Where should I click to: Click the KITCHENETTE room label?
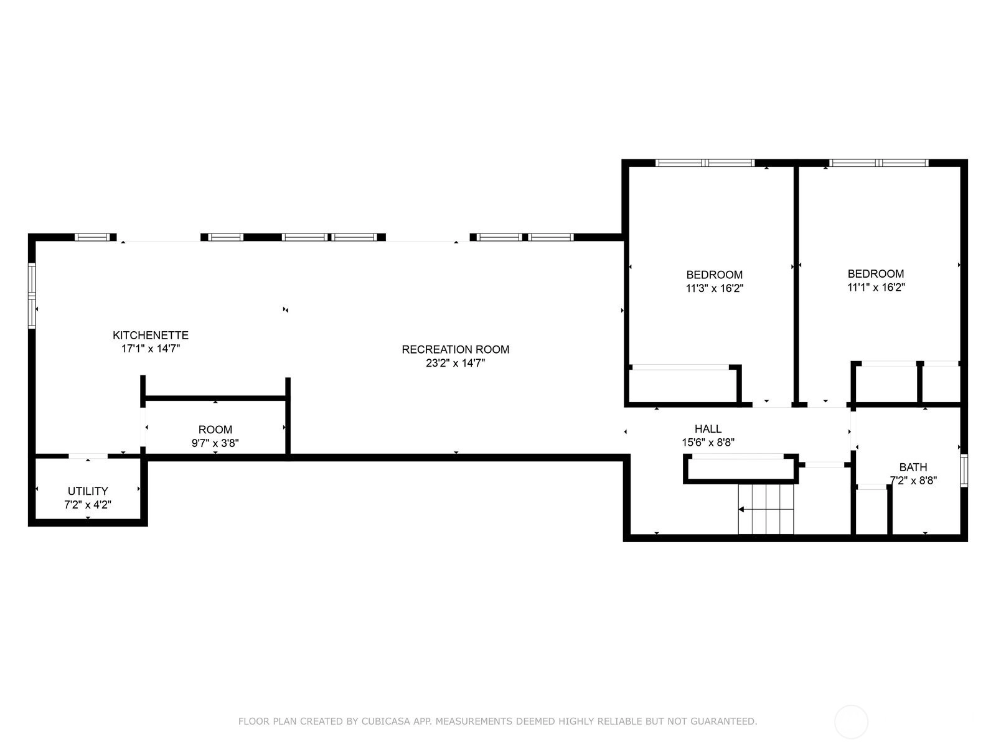point(151,335)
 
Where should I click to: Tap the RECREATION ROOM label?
point(456,349)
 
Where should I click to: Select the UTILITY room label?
point(88,491)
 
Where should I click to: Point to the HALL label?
point(708,429)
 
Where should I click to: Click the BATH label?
point(913,467)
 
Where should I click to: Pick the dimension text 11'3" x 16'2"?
point(715,288)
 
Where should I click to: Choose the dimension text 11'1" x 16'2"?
point(876,287)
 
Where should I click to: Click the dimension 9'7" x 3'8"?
point(215,443)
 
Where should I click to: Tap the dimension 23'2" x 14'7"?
point(456,363)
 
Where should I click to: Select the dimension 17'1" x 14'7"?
point(151,349)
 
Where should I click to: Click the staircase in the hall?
point(766,509)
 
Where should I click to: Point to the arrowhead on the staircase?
point(741,509)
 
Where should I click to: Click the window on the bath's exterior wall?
point(964,471)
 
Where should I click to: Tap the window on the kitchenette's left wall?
point(32,295)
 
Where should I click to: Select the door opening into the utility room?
point(88,456)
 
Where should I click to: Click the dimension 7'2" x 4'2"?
point(88,504)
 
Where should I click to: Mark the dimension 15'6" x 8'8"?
point(708,442)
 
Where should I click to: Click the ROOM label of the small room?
point(215,430)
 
